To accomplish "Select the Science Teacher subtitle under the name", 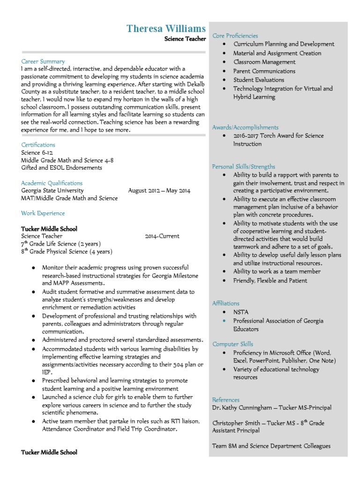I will click(185, 39).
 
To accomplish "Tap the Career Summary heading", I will click(43, 61).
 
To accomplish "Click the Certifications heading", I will click(38, 145).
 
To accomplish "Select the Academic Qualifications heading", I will click(52, 183).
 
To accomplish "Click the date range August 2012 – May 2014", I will click(159, 191).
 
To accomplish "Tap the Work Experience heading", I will click(43, 213).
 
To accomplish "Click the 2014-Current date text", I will click(162, 236).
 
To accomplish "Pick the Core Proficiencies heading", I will click(235, 36).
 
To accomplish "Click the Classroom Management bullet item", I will click(264, 62).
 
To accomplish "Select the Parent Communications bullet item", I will click(264, 71).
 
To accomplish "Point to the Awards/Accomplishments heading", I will click(245, 127).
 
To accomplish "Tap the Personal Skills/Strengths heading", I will click(244, 166).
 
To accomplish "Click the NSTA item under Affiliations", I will click(241, 312).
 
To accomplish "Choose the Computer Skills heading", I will click(233, 344).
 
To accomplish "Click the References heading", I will click(226, 400).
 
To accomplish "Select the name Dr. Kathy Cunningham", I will click(242, 408).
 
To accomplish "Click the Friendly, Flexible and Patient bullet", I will click(270, 281).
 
